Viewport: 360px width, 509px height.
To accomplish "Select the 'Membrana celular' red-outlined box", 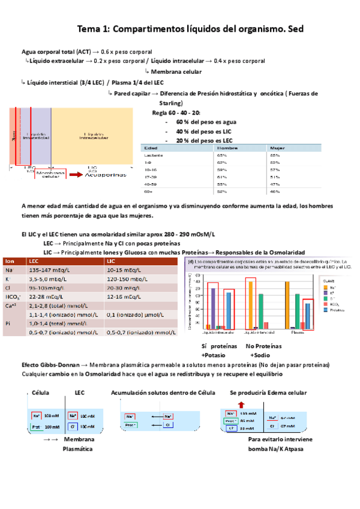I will click(x=50, y=175).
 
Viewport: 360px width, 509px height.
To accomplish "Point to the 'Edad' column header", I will click(x=151, y=146).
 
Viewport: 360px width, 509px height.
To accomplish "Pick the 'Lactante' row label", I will click(x=154, y=154).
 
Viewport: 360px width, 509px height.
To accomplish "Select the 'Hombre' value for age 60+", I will click(x=222, y=191).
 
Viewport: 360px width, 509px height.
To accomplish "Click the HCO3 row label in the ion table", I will click(x=12, y=297).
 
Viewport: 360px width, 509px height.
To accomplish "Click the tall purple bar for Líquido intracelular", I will click(x=214, y=307).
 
